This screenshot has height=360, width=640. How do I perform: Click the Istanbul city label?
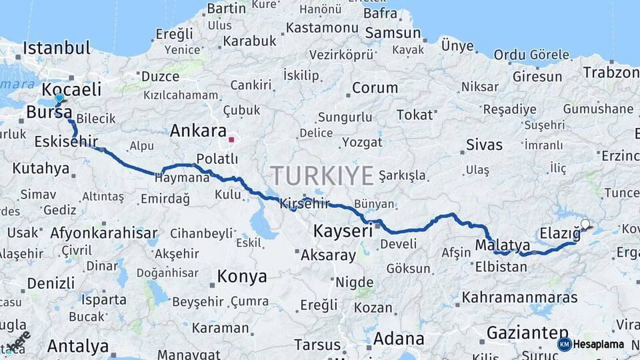click(56, 48)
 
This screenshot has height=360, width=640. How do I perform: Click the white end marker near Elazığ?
click(585, 224)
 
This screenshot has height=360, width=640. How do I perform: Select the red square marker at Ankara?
click(231, 140)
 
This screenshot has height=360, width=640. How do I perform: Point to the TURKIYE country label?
click(322, 176)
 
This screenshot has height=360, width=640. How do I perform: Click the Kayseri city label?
click(342, 231)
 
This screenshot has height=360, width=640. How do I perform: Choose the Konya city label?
click(243, 276)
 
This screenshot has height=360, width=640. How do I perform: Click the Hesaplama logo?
click(591, 344)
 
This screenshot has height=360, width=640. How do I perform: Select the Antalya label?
click(78, 346)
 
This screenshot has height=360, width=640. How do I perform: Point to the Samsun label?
click(393, 33)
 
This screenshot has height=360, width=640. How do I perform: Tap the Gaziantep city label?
click(527, 332)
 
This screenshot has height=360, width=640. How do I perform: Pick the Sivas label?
click(484, 145)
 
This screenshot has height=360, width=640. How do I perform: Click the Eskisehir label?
click(66, 141)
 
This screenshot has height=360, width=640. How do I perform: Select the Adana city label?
click(399, 338)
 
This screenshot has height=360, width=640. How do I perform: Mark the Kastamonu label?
click(322, 28)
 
